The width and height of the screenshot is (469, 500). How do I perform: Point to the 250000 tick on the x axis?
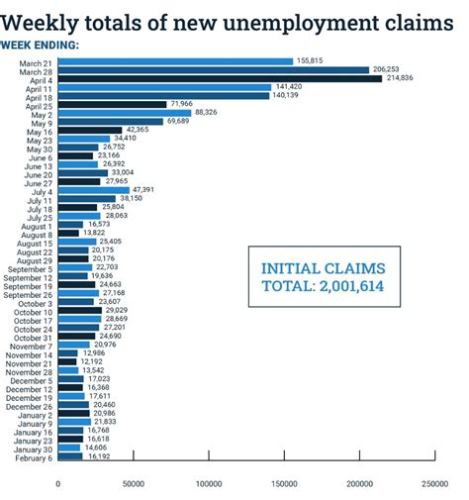coord(433,483)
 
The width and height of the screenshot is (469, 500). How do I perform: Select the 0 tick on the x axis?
coord(57,483)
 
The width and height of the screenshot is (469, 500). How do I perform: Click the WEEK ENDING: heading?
coord(42,45)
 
